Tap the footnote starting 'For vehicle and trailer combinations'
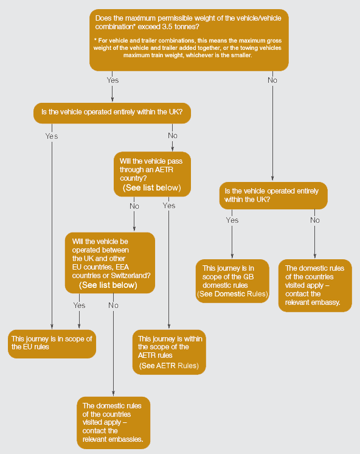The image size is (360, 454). coord(187,48)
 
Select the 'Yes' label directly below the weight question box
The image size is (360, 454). coord(112,80)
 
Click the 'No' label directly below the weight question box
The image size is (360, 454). coord(272,80)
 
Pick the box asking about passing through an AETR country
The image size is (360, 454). coord(152,174)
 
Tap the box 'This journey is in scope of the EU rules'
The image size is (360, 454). coord(52,344)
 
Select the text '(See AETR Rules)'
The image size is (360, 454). coord(169,366)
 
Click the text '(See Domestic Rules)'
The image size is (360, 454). coord(233,294)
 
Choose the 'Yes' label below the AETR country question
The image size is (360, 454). coord(169,206)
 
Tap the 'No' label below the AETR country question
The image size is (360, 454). coord(134,206)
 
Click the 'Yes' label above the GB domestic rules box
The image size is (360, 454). coord(232,220)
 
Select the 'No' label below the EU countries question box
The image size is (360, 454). coord(114,305)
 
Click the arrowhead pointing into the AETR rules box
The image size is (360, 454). coord(169,326)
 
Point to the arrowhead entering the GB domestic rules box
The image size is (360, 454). coord(232,256)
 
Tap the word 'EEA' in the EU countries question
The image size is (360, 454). coord(122,267)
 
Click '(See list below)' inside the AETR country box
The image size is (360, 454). coord(152,187)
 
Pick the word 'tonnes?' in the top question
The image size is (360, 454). coord(187,27)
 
